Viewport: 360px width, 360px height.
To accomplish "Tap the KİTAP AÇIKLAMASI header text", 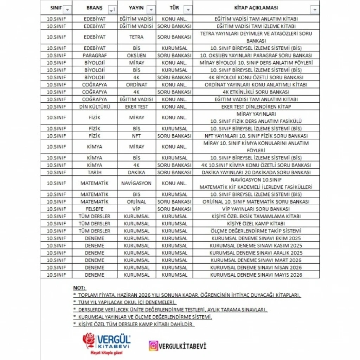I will point(252,8).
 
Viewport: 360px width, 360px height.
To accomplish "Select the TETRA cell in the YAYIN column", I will point(136,37).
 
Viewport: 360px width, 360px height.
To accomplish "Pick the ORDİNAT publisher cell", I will point(136,85).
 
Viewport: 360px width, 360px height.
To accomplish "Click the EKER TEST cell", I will point(136,107).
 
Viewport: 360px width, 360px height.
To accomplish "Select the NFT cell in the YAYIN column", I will point(136,136).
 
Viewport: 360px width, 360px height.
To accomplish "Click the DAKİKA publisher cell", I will point(136,172).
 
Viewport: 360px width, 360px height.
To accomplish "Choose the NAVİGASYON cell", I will point(136,183).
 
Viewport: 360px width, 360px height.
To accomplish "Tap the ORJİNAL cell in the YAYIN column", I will point(136,202).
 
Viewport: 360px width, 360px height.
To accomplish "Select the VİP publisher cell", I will point(136,209).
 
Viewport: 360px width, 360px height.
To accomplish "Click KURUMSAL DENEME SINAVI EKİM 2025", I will point(256,238).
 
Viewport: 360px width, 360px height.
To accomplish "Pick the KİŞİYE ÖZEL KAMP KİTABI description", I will point(256,224).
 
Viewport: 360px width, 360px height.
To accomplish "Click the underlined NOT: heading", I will point(79,288).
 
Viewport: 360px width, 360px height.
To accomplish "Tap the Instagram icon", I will point(153,346).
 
